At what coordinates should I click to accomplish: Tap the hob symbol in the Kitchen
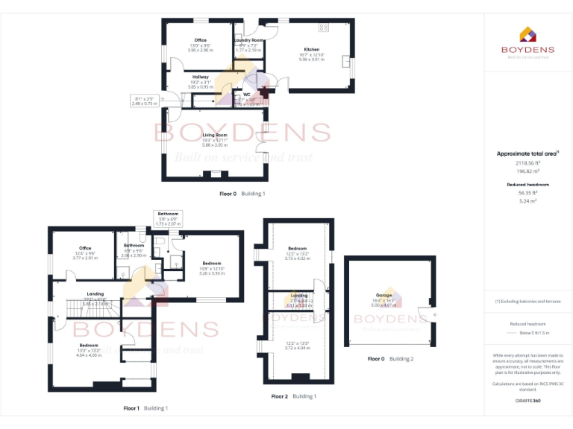[x=324, y=28]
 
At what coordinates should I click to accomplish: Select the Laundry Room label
[x=251, y=40]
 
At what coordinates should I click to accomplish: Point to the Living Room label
[x=215, y=135]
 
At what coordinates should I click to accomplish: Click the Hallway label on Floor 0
[x=201, y=77]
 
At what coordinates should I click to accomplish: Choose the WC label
[x=247, y=95]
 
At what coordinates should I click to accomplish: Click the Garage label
[x=385, y=295]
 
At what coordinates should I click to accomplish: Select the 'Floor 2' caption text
[x=279, y=396]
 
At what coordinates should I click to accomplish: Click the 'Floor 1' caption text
[x=131, y=408]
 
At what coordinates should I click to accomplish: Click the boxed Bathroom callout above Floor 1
[x=168, y=217]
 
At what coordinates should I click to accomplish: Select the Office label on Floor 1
[x=84, y=248]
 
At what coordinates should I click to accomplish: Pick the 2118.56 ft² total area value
[x=528, y=162]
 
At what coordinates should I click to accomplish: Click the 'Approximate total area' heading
[x=527, y=153]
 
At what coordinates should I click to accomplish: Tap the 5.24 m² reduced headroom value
[x=528, y=201]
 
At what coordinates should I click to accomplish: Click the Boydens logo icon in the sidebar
[x=527, y=34]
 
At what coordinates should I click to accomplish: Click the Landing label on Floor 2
[x=298, y=296]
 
